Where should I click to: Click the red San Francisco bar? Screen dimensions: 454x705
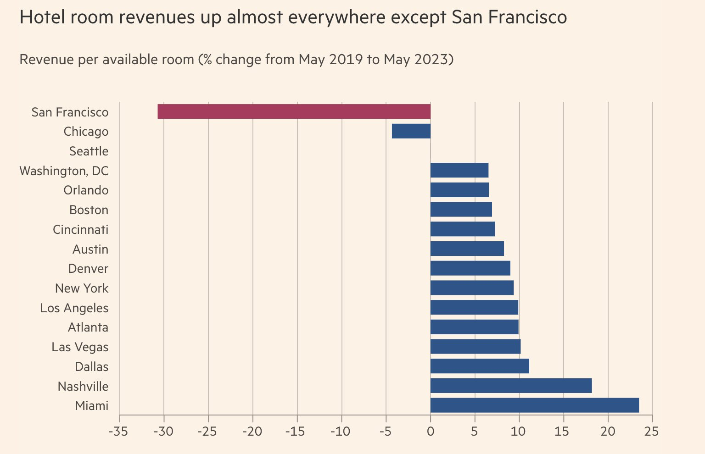(294, 111)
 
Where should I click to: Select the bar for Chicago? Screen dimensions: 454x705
(411, 131)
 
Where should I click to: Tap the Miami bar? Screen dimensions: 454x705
(534, 405)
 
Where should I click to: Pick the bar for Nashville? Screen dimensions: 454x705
(511, 386)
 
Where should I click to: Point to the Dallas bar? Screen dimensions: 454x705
(480, 366)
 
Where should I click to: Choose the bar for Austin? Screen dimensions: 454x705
(467, 249)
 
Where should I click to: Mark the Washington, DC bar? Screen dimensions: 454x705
(459, 170)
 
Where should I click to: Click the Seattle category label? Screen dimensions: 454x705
(89, 151)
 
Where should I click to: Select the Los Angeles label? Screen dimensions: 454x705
(74, 308)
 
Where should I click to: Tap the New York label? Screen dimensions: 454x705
(82, 288)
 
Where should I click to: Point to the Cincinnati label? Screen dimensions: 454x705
(81, 229)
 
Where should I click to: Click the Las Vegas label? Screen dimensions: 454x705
(80, 347)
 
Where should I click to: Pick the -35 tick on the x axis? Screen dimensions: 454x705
(119, 432)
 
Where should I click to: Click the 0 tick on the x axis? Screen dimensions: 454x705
(431, 432)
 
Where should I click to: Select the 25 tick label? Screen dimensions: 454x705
(651, 432)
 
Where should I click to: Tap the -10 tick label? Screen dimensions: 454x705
(341, 432)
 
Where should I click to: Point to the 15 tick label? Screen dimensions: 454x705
(563, 432)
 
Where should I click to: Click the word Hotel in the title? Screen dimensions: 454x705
(42, 17)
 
